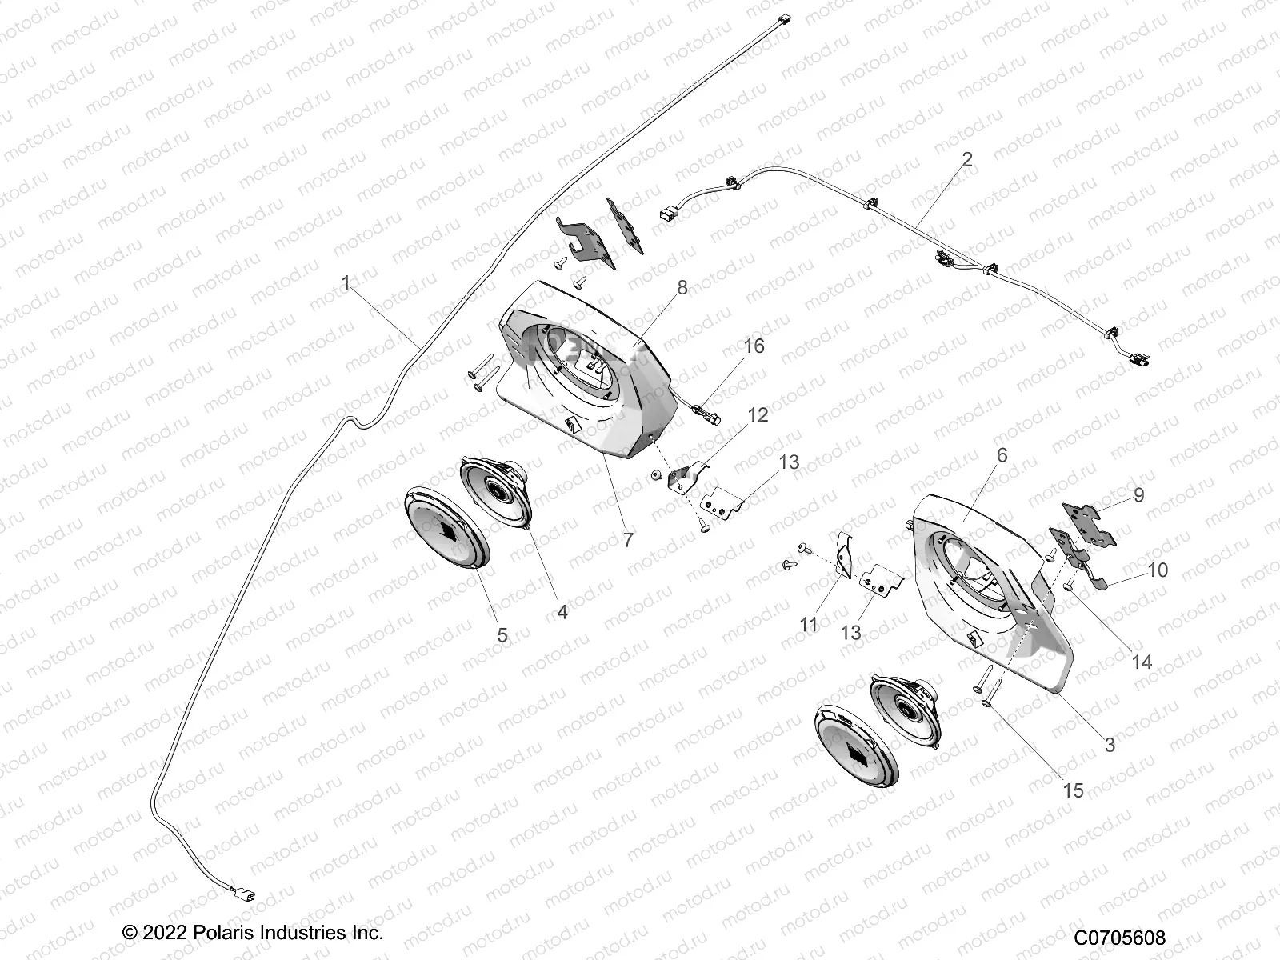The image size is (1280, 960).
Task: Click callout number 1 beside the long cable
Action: point(346,283)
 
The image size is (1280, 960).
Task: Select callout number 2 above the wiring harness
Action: point(967,159)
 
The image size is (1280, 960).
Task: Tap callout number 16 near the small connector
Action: point(754,346)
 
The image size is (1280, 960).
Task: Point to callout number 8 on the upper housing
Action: point(682,288)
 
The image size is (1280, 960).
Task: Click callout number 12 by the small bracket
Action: point(758,414)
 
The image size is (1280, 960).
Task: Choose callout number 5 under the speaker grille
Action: point(502,635)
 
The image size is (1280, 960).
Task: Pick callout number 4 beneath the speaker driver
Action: point(562,612)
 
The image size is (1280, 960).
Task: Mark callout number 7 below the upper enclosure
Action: point(628,540)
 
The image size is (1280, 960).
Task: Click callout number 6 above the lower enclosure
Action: point(1002,455)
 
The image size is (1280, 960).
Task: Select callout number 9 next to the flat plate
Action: point(1138,494)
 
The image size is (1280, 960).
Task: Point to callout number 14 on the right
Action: point(1141,662)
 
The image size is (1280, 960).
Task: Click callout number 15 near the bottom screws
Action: point(1072,790)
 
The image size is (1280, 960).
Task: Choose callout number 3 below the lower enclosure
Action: point(1109,745)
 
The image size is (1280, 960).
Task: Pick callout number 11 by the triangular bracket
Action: point(809,624)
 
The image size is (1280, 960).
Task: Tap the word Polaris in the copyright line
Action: point(221,933)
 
